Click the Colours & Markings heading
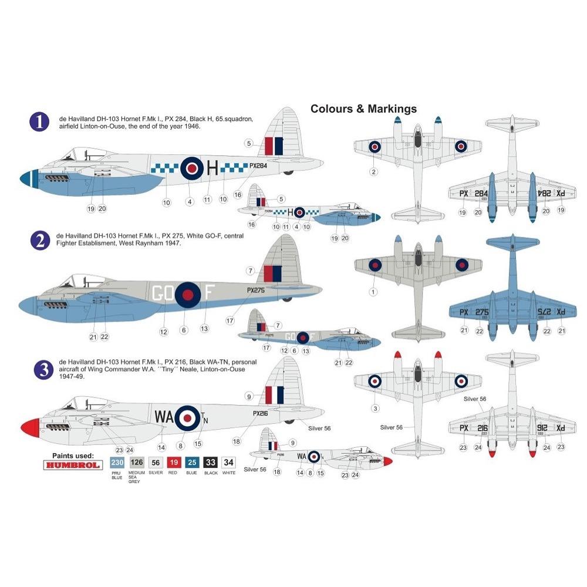(363, 109)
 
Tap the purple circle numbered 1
(39, 123)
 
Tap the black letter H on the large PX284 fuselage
(213, 169)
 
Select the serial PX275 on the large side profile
(255, 289)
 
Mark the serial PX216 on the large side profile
(260, 413)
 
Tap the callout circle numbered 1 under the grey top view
(373, 291)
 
